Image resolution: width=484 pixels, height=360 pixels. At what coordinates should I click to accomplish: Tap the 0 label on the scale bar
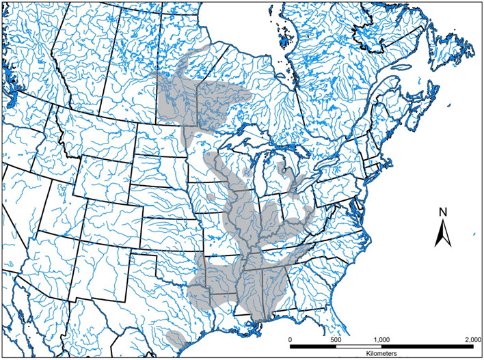tap(290, 339)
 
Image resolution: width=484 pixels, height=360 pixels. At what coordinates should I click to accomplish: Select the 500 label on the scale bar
tap(336, 339)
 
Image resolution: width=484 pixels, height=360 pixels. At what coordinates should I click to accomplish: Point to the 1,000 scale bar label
tap(381, 339)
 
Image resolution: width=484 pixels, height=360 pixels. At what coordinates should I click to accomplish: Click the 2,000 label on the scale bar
tap(470, 339)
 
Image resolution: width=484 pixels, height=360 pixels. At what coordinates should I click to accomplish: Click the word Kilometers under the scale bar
tap(380, 355)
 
